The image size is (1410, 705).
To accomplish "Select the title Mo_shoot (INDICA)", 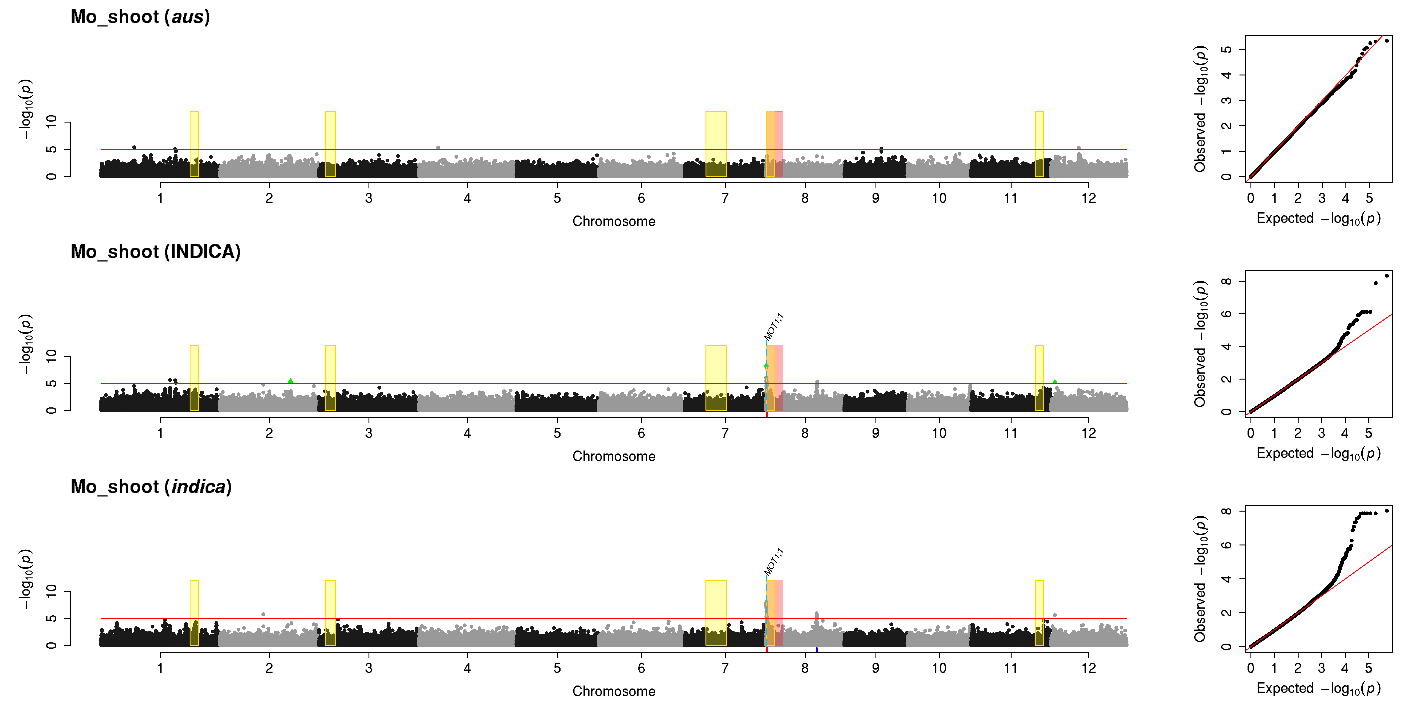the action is (155, 252).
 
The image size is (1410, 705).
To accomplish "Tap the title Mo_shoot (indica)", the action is (151, 487).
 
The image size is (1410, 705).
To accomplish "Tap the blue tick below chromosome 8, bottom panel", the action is (817, 650).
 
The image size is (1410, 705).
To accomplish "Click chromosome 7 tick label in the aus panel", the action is (725, 198).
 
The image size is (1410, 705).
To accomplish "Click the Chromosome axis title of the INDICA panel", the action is (614, 456).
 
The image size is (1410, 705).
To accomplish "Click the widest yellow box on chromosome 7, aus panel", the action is (716, 144).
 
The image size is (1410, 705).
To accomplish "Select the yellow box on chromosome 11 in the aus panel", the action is (1039, 144).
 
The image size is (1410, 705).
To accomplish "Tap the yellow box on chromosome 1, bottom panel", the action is (194, 613).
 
